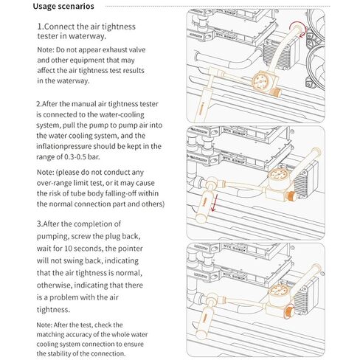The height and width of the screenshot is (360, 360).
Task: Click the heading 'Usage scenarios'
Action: [63, 6]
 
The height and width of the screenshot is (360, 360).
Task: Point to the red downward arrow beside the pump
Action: [214, 203]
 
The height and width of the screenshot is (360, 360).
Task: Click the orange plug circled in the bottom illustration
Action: [289, 311]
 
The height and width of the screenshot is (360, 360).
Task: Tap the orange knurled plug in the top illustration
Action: [277, 92]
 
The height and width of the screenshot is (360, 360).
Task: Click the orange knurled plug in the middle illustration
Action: [291, 196]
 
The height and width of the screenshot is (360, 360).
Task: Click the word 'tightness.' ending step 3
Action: [53, 309]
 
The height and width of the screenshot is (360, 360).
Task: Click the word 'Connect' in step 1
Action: [60, 27]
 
